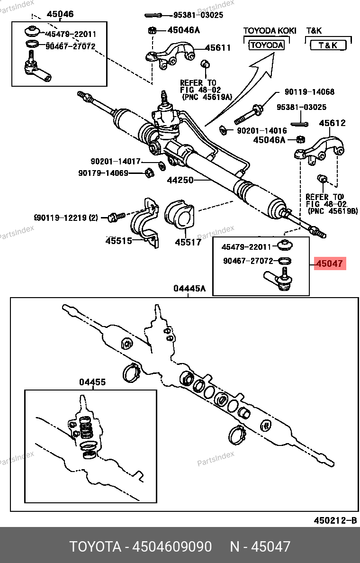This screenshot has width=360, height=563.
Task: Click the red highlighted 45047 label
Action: [330, 263]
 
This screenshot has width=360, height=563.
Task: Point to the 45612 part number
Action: [332, 123]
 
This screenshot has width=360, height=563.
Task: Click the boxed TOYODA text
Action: [267, 45]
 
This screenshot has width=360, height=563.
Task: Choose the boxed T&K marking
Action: [328, 45]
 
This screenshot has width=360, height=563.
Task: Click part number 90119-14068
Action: [309, 92]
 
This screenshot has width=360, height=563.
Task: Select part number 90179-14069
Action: [103, 173]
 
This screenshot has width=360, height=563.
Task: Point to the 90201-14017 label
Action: [116, 161]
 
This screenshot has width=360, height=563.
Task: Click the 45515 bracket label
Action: [118, 241]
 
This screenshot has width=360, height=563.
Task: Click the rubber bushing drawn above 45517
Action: [180, 216]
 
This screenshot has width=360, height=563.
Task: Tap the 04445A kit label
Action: [189, 288]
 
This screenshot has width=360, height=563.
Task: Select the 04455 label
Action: [92, 382]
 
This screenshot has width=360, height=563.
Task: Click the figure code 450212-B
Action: [335, 520]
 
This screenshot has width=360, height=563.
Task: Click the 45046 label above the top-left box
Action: [60, 14]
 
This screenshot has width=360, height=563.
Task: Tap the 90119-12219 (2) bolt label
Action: [66, 218]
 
